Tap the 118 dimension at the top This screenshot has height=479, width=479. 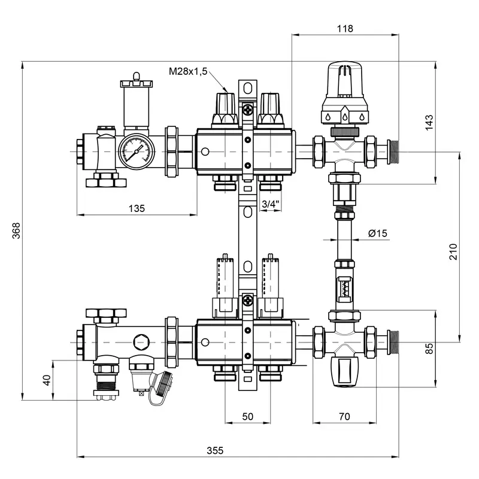[x=345, y=28]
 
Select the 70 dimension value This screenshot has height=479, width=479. [x=344, y=416]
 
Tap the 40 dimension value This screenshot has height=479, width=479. [x=46, y=380]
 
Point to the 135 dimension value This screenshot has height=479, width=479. [x=137, y=208]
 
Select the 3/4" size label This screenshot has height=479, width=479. [x=271, y=204]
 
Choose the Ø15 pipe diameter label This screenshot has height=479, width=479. [x=378, y=234]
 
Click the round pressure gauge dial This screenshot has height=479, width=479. [x=136, y=151]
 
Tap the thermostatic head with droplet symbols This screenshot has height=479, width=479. [x=344, y=96]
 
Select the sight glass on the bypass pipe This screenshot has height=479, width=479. [x=344, y=287]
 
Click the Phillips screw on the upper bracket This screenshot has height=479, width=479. [x=247, y=110]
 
